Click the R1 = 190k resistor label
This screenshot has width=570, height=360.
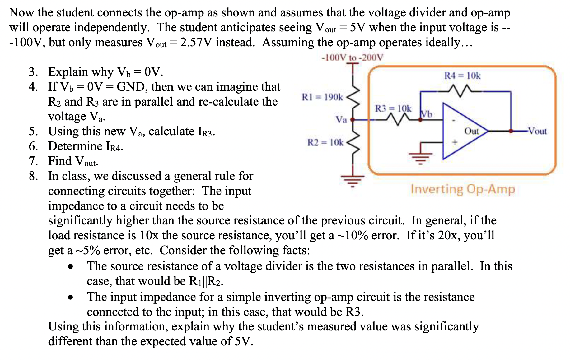point(322,97)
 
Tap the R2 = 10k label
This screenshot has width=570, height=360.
point(325,142)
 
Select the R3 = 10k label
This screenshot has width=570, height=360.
point(393,108)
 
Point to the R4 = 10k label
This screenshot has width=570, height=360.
point(462,76)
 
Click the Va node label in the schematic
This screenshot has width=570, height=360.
point(341,120)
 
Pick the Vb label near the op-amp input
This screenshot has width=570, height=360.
point(427,114)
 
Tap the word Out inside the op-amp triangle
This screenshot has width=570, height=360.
point(471,131)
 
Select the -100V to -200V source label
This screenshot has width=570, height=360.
point(353,58)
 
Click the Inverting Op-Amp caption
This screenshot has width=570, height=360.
point(463,189)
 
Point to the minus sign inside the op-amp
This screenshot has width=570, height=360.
point(454,120)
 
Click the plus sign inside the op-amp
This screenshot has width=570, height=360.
point(455,142)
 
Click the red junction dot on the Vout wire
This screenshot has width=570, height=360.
point(511,131)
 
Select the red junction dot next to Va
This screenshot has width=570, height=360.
point(353,119)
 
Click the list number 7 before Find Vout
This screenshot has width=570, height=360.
point(33,161)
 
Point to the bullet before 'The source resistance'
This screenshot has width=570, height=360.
point(71,267)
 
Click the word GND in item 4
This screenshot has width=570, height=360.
point(131,87)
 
